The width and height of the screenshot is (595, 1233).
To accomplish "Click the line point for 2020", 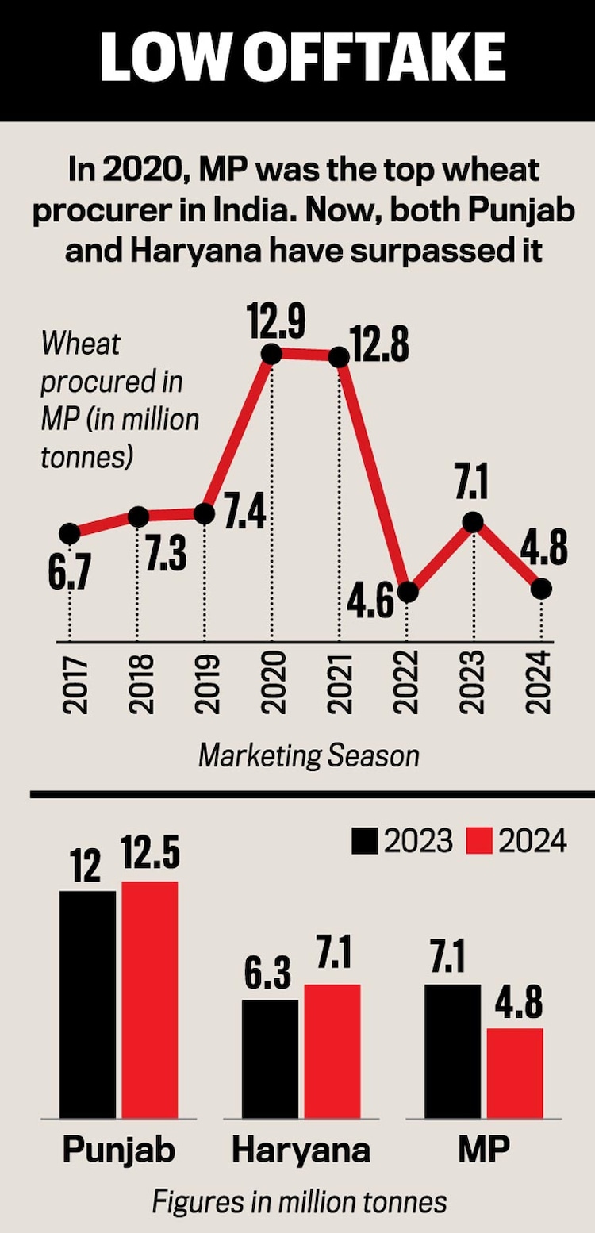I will click(x=271, y=355).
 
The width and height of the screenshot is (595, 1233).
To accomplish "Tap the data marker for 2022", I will click(x=407, y=593).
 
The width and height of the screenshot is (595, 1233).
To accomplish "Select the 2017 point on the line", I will click(x=69, y=533).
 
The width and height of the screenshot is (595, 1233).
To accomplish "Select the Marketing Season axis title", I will click(x=309, y=755).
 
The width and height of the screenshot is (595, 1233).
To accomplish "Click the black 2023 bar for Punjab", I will click(x=87, y=1004).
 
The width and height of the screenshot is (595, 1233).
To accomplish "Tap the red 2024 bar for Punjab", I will click(x=149, y=1000).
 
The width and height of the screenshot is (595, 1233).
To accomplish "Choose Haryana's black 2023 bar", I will click(x=270, y=1058).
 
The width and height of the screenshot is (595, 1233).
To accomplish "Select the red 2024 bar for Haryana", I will click(x=332, y=1051).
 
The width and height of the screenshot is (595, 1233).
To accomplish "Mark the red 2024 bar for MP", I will click(x=515, y=1073).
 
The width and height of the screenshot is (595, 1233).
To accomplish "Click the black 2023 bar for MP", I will click(x=453, y=1051).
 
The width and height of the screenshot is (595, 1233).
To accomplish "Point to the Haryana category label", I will click(x=300, y=1150).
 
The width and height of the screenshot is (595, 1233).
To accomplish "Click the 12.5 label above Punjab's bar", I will click(x=151, y=857).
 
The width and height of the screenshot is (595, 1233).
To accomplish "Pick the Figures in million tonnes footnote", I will click(x=299, y=1201).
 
